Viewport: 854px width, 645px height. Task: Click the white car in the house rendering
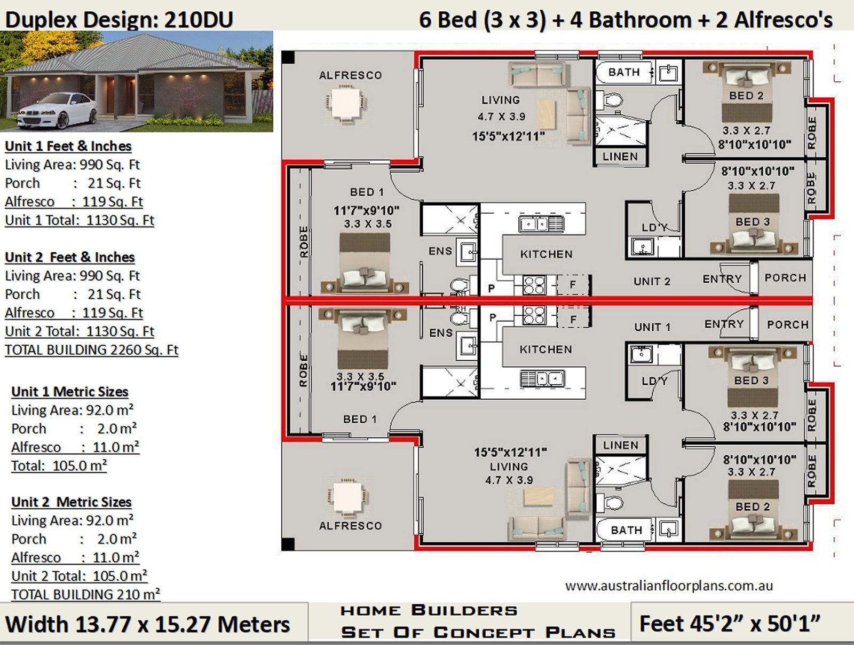[57, 111]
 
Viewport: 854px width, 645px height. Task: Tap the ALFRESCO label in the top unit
[350, 75]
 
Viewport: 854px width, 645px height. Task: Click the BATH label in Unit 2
[624, 72]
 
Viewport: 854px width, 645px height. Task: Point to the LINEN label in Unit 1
[620, 445]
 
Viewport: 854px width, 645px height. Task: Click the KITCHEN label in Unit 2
[546, 254]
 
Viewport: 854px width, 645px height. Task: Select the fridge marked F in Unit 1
[573, 320]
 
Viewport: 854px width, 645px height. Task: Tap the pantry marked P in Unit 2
[492, 288]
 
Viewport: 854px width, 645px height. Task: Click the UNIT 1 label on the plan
[652, 327]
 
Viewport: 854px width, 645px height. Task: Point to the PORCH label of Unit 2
[785, 278]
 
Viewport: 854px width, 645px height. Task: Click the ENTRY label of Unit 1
[724, 324]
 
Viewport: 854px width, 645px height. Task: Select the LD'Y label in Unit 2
[654, 228]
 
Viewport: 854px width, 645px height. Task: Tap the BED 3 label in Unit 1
[751, 380]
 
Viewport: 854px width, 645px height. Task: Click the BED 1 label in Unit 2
[367, 192]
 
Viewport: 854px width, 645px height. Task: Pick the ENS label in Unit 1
[440, 333]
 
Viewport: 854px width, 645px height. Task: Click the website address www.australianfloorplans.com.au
[669, 586]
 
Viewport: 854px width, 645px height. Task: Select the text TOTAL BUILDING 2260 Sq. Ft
[91, 350]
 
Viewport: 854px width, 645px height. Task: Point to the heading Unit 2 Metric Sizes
[71, 502]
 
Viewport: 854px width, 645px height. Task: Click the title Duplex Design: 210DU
[119, 20]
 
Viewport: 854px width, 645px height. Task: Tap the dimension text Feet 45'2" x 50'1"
[729, 624]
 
